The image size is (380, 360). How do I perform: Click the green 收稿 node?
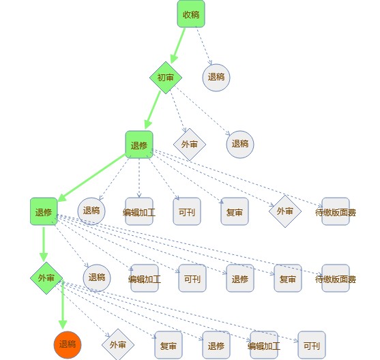[191, 14]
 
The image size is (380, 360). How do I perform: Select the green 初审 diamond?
[166, 78]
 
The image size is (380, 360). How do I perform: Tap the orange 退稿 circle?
[68, 345]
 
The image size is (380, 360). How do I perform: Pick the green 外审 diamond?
[46, 278]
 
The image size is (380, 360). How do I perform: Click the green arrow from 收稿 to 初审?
[178, 45]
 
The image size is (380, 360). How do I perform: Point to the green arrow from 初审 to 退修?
[153, 110]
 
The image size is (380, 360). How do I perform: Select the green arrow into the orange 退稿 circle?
[63, 304]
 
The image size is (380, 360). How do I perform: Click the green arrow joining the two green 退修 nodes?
[91, 178]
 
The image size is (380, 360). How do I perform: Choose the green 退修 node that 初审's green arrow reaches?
[139, 145]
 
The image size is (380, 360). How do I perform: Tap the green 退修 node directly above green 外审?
[44, 211]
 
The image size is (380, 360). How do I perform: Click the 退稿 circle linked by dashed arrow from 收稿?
[216, 78]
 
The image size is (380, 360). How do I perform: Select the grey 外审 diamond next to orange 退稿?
[118, 345]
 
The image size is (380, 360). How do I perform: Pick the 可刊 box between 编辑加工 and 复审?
[187, 211]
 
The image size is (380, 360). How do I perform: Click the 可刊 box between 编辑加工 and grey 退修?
[192, 278]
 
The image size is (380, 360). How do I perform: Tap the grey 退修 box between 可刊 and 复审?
[240, 278]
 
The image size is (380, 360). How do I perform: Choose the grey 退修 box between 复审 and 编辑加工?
[216, 345]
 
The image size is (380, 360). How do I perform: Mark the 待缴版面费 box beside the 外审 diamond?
[336, 211]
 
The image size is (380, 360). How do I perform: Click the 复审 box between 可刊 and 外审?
[235, 211]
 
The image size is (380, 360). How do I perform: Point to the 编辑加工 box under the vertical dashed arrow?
[139, 211]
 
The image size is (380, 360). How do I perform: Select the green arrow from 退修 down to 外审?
[44, 244]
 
